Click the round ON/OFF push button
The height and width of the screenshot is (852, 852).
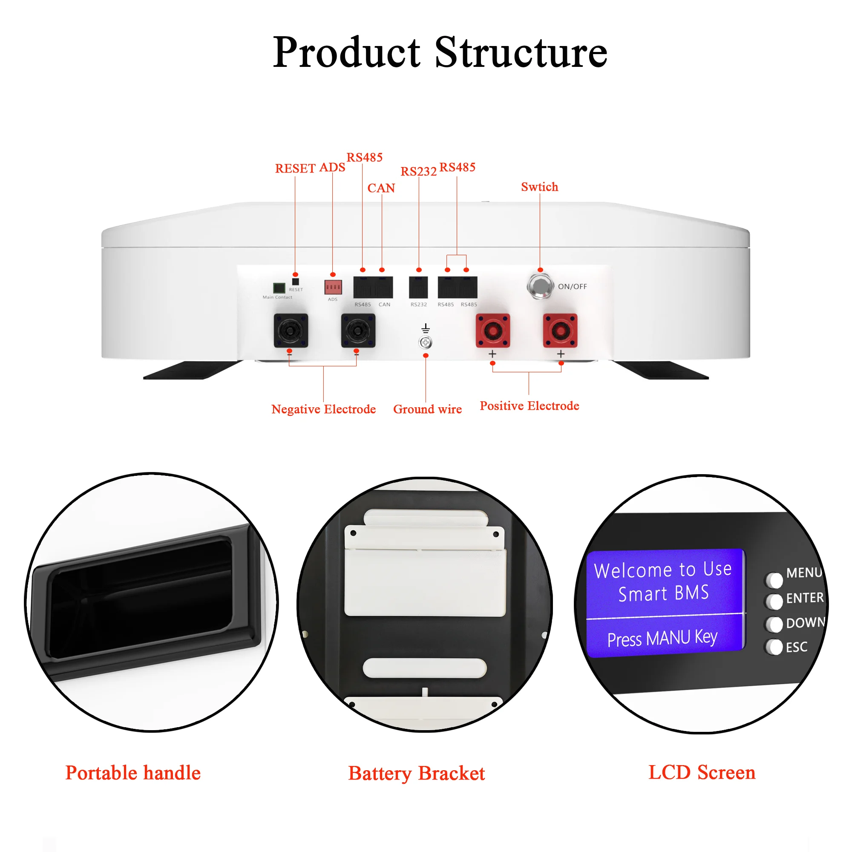coord(540,286)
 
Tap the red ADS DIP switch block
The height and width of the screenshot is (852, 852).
coord(333,287)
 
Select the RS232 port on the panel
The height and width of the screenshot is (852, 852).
coord(418,287)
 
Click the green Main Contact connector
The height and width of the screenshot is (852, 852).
coord(279,288)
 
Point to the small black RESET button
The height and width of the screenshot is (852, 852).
coord(296,281)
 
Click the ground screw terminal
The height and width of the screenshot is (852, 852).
coord(425,342)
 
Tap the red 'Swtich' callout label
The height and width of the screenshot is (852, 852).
coord(539,187)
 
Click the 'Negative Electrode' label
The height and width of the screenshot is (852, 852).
coord(323,409)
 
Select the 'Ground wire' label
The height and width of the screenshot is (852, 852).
coord(427,409)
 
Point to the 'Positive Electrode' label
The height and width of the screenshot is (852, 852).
coord(529,406)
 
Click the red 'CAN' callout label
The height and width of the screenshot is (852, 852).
coord(381,188)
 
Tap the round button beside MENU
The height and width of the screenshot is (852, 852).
coord(774,580)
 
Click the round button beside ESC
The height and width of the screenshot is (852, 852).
coord(774,647)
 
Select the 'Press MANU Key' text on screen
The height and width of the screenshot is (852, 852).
coord(662,638)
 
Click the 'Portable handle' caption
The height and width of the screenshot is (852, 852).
coord(133,773)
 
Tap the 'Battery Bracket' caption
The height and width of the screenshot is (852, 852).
coord(416,774)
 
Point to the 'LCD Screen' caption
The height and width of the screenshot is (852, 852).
coord(702,773)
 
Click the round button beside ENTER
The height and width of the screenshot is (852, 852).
coord(774,601)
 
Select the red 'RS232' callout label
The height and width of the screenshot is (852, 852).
coord(418,171)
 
